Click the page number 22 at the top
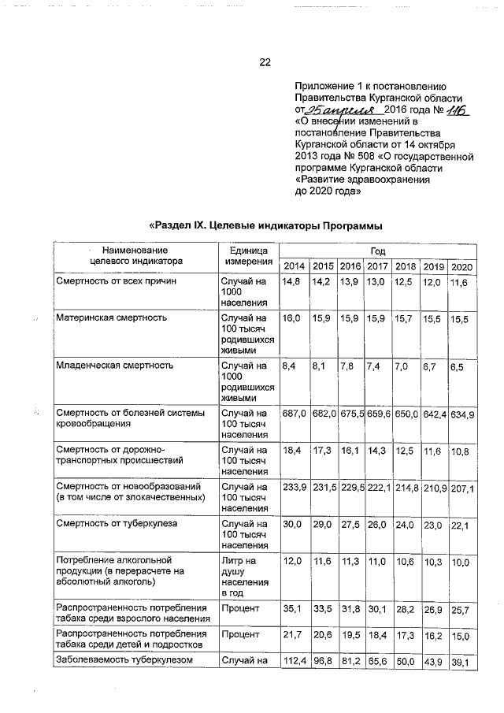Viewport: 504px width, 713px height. point(265,62)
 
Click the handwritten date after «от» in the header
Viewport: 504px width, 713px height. point(339,111)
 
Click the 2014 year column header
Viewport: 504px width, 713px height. point(295,265)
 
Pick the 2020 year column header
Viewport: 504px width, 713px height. point(461,265)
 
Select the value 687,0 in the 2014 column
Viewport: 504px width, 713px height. point(295,414)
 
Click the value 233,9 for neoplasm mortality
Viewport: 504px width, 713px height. point(295,488)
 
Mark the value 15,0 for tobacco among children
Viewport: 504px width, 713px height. point(461,635)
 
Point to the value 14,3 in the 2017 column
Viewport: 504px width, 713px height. point(376,451)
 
